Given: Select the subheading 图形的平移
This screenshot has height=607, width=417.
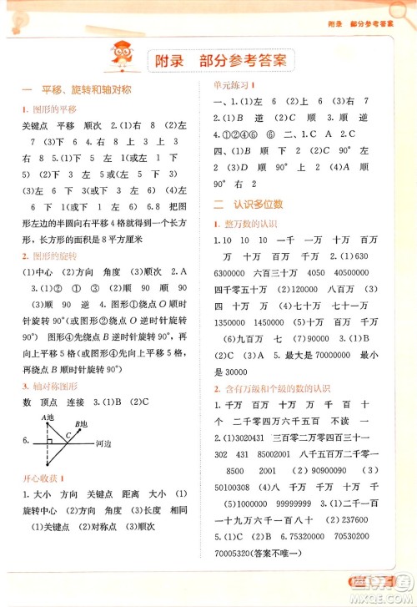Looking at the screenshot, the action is click(x=52, y=109).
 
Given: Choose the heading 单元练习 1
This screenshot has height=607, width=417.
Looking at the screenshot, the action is click(x=234, y=84).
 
